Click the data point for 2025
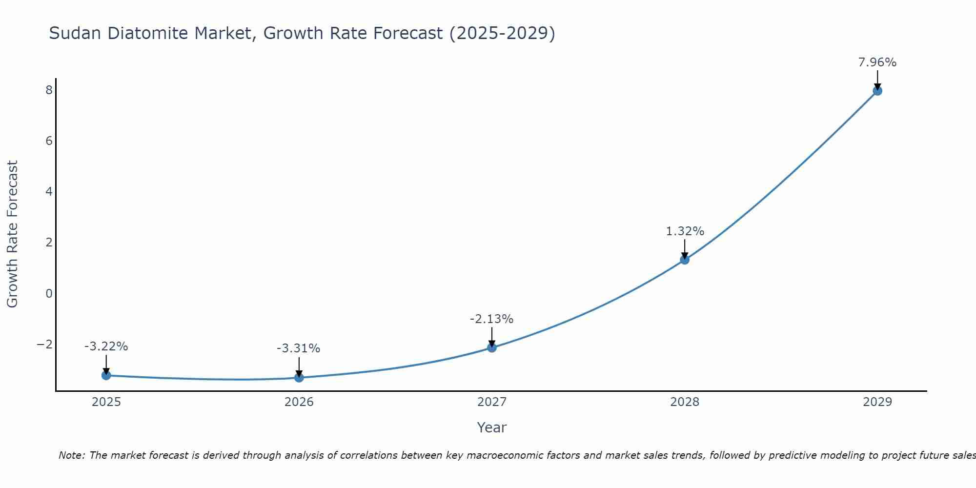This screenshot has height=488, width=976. tap(106, 375)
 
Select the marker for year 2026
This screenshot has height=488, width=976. tap(299, 377)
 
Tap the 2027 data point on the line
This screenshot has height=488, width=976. tap(492, 347)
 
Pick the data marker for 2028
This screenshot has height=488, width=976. tap(685, 260)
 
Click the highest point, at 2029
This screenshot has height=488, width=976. tap(877, 91)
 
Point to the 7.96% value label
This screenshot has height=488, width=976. tap(877, 62)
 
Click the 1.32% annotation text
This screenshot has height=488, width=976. tap(685, 231)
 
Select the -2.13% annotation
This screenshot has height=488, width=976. tap(491, 319)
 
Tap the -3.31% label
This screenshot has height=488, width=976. tap(298, 348)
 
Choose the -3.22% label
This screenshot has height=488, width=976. tap(106, 346)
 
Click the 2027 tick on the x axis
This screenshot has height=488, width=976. tap(492, 402)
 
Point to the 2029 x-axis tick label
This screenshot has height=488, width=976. tap(877, 402)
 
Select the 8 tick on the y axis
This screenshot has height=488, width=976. tap(49, 90)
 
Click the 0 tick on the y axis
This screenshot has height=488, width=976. tap(49, 293)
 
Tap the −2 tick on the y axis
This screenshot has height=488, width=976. tap(45, 344)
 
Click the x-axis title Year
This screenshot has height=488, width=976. tap(492, 427)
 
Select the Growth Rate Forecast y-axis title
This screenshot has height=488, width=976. tap(12, 234)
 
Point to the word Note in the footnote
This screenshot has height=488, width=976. tap(72, 455)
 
